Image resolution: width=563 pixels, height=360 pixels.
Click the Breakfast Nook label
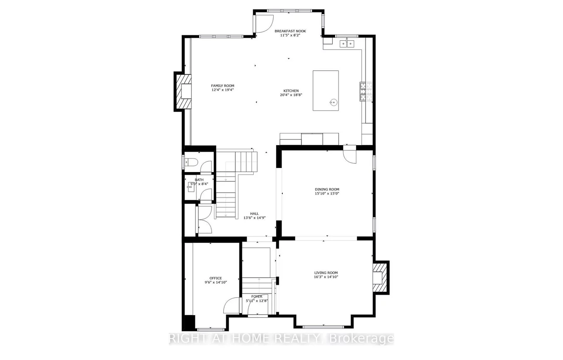click(290, 31)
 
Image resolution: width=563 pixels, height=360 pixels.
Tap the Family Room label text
click(222, 86)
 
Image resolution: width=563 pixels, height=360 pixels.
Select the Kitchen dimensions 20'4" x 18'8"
click(291, 95)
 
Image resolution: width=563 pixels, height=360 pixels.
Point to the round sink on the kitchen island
click(332, 101)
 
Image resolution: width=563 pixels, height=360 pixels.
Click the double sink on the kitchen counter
click(347, 43)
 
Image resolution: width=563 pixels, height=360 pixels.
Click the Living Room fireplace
click(380, 278)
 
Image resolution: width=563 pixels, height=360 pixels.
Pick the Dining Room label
click(327, 189)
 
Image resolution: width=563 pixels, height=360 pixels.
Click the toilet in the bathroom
click(191, 162)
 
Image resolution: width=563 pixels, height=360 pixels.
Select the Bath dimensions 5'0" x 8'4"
click(199, 184)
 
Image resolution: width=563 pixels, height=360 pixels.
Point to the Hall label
click(254, 214)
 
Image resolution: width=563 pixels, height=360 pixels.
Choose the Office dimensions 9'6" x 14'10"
click(215, 282)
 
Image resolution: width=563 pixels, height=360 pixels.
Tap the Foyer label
click(257, 296)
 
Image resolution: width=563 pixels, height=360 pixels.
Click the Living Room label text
click(326, 273)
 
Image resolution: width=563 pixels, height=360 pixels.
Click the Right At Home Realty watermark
click(281, 338)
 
